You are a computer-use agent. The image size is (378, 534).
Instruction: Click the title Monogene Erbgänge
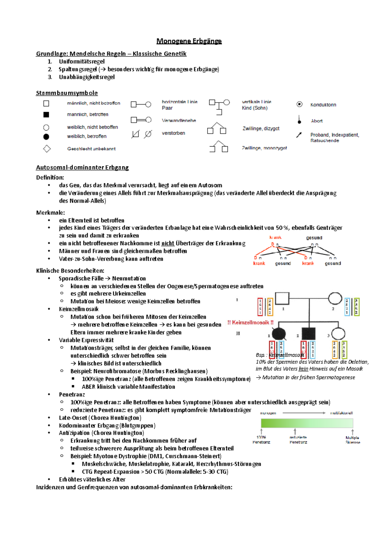point(189,41)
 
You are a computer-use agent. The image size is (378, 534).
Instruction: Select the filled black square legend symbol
point(46,114)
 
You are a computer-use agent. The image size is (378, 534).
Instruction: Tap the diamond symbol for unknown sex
point(47,148)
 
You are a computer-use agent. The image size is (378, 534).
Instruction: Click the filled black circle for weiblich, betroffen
point(46,136)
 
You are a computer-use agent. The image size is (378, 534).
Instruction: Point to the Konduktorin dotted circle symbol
point(299,104)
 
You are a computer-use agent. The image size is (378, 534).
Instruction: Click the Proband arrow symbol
point(299,135)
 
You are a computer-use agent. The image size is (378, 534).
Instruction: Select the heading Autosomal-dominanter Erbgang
point(82,167)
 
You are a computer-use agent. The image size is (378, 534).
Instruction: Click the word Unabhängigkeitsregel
point(87,77)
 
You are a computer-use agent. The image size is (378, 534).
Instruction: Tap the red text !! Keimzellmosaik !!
point(250,322)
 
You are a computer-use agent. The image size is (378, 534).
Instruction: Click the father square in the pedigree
point(282,298)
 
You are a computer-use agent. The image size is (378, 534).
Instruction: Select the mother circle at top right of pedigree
point(335,298)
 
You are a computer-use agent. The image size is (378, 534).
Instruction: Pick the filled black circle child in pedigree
point(278,334)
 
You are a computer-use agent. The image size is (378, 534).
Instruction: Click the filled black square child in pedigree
point(308,334)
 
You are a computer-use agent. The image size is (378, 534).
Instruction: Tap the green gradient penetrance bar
point(307,423)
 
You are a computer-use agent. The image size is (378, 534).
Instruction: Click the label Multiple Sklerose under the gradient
point(352,440)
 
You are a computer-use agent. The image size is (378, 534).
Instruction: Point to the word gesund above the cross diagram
point(314,238)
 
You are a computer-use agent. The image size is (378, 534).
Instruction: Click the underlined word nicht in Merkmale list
point(168,243)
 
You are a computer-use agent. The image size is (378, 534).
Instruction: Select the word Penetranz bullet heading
point(72,394)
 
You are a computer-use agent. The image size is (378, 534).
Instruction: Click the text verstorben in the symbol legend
point(173,133)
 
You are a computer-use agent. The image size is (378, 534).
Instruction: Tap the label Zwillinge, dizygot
point(261,128)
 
